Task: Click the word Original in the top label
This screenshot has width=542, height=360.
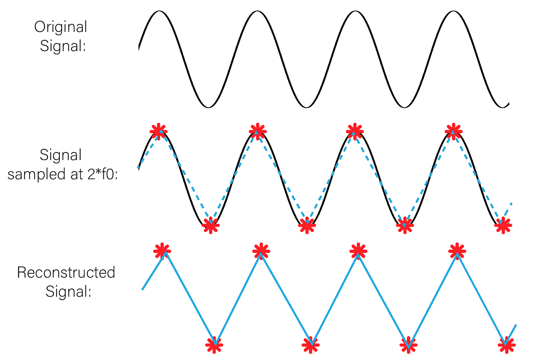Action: click(x=61, y=27)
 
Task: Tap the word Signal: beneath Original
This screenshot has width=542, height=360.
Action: click(x=63, y=46)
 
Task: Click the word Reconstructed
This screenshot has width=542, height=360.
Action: click(x=66, y=272)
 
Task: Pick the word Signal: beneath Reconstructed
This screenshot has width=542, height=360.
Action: click(x=69, y=291)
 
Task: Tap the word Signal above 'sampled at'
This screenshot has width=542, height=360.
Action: click(x=61, y=155)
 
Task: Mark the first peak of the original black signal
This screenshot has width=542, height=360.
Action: click(x=159, y=11)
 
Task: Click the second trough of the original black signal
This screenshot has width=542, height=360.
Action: click(x=306, y=107)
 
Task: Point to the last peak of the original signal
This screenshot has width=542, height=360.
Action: click(x=453, y=11)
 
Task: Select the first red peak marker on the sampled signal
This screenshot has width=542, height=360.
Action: click(x=158, y=131)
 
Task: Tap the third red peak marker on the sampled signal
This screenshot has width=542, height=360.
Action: click(x=354, y=131)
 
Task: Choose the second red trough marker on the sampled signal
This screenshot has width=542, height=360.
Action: click(x=307, y=226)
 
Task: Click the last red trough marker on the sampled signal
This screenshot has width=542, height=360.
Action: click(x=503, y=226)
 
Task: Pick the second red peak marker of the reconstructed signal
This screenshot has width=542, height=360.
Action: click(x=261, y=251)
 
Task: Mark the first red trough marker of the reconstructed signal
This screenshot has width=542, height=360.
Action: click(x=214, y=345)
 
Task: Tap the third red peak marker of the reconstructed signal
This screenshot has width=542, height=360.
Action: click(x=358, y=251)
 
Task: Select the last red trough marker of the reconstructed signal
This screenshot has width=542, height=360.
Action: click(x=506, y=345)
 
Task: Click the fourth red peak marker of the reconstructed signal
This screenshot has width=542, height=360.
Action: click(x=457, y=251)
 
